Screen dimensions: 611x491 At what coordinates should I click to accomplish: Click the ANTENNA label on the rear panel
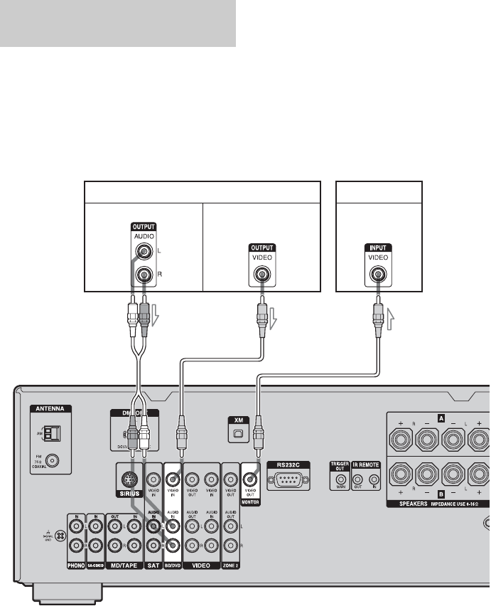pyautogui.click(x=52, y=410)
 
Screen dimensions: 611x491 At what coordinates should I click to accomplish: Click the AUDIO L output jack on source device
pyautogui.click(x=145, y=250)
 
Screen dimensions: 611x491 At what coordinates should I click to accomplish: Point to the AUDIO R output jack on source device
pyautogui.click(x=145, y=274)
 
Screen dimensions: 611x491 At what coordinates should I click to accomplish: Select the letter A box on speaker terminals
pyautogui.click(x=441, y=419)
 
